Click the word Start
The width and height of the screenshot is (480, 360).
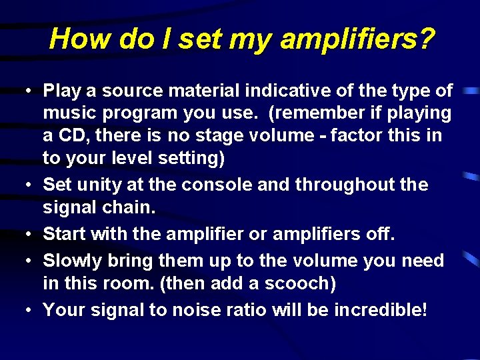click(x=65, y=235)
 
